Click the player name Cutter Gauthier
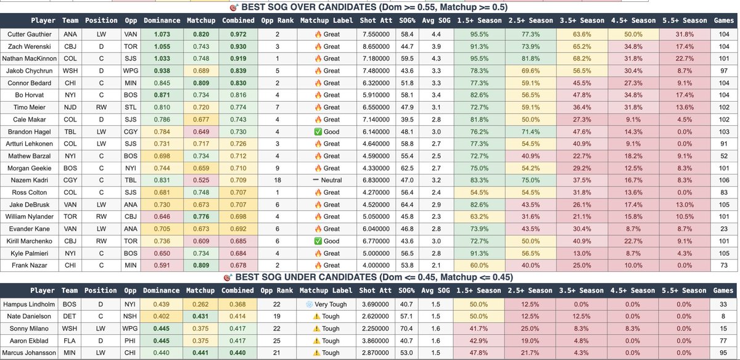pos(30,35)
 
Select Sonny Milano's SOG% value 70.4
pos(406,329)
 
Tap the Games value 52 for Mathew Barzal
pos(723,156)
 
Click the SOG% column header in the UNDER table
pos(406,290)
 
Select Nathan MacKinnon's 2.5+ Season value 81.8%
pos(530,59)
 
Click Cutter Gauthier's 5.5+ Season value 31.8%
pos(684,35)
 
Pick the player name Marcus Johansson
pos(30,353)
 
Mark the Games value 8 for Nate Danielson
pos(723,316)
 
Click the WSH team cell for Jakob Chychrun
pos(70,71)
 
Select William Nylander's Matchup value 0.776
pos(200,217)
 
